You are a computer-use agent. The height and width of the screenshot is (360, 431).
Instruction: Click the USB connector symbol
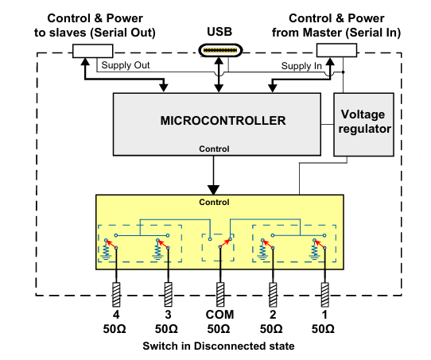(219, 52)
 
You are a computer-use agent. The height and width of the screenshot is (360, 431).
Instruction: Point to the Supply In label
(302, 67)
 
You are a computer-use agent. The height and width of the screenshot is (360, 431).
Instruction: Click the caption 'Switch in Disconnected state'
(219, 346)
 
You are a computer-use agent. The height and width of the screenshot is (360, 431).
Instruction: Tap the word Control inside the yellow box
(213, 202)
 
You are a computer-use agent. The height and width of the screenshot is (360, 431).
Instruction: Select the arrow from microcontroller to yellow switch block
(213, 175)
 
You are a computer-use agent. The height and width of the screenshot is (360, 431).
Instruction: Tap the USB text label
(219, 32)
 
